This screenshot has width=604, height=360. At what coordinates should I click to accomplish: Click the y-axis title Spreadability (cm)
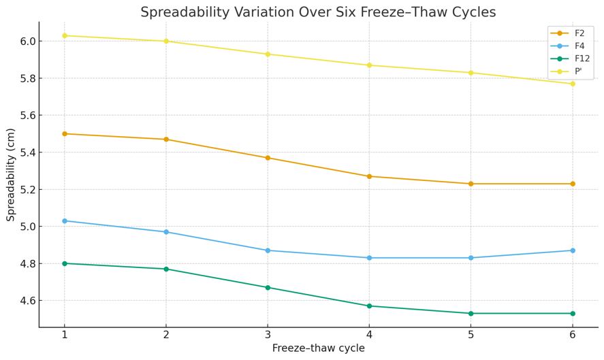tap(11, 174)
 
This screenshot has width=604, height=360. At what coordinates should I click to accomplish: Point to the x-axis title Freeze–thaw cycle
tap(318, 348)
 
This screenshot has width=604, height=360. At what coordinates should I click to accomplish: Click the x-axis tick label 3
tap(268, 335)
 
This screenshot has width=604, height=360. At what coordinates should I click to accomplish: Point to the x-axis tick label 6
tap(572, 335)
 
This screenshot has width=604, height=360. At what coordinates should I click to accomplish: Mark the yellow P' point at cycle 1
tap(65, 35)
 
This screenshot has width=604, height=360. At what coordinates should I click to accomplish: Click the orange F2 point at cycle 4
tap(369, 176)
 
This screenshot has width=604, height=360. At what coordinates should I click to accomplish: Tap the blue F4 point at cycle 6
tap(572, 250)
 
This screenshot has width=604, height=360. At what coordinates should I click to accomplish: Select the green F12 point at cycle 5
tap(471, 313)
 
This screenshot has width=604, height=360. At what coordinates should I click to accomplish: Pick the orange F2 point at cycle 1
tap(65, 133)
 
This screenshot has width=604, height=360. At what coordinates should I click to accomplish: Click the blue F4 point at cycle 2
tap(166, 232)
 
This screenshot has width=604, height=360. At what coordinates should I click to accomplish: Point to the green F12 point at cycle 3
tap(268, 287)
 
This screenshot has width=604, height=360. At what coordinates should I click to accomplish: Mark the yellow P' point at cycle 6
tap(572, 84)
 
